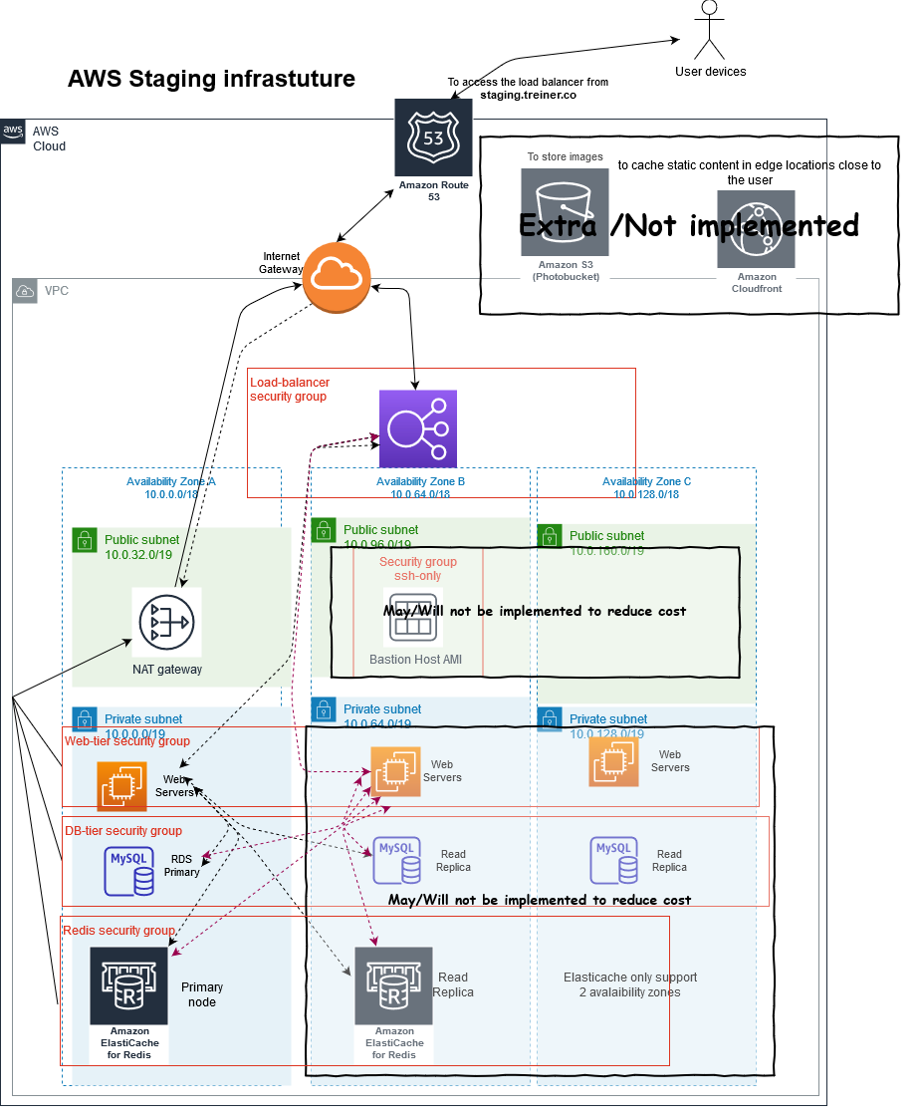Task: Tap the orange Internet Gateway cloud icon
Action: tap(337, 277)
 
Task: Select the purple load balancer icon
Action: tap(416, 428)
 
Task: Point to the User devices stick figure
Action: tap(709, 30)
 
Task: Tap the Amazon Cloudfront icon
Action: tap(756, 218)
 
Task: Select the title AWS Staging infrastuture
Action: tap(211, 79)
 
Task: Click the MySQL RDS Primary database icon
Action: tap(130, 870)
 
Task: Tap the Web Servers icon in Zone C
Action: tap(613, 761)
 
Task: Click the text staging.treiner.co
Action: tap(528, 96)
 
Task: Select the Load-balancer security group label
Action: tap(290, 389)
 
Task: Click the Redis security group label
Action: tap(118, 930)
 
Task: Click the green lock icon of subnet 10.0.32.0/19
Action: tap(84, 540)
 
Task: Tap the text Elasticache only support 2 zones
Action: tap(629, 984)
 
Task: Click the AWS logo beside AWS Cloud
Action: tap(14, 132)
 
